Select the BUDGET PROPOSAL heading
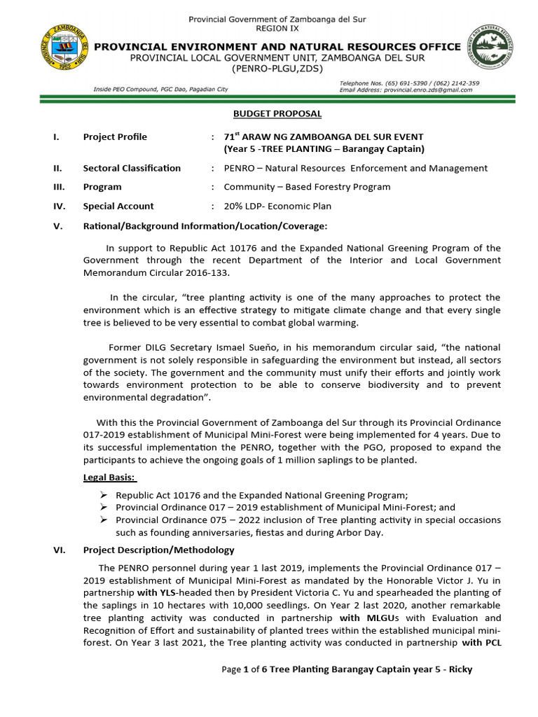[x=277, y=113]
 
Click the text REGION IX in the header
[x=277, y=29]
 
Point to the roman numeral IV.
[x=59, y=207]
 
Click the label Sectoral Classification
[x=132, y=168]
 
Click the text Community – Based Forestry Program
[x=307, y=187]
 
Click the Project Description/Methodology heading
[x=158, y=550]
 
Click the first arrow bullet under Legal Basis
[x=103, y=494]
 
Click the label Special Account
[x=118, y=207]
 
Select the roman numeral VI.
[x=59, y=550]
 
